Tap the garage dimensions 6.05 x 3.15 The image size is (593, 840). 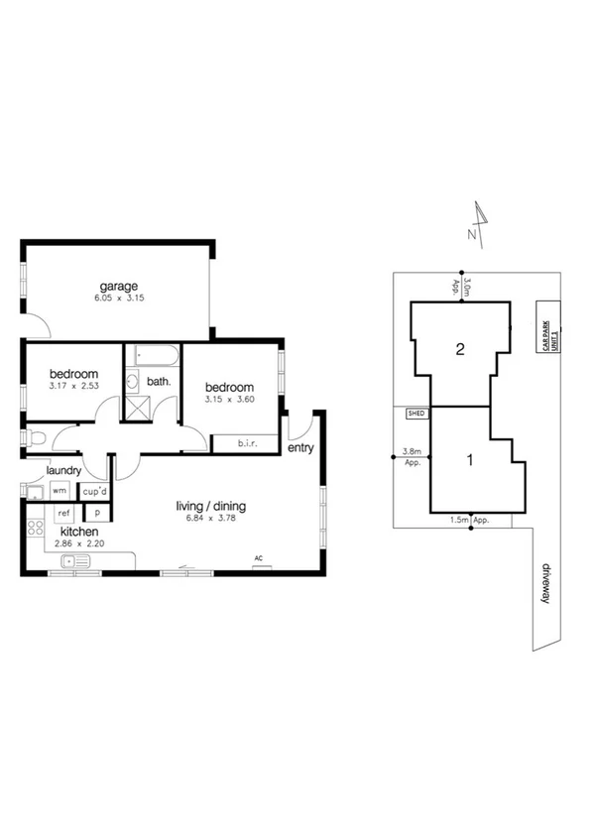[117, 298]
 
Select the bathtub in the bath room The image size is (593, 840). [153, 355]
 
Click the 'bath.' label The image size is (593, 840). [160, 381]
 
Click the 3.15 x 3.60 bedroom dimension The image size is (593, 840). [229, 400]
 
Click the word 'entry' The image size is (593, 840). [300, 448]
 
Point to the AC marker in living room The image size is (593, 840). [259, 557]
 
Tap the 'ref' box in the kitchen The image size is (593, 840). [62, 513]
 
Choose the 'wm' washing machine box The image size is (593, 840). [59, 490]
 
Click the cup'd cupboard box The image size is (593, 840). [95, 490]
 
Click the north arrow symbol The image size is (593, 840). [481, 220]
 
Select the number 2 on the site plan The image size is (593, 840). [460, 348]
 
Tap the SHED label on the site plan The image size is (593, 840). [416, 414]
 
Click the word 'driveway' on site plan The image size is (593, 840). [544, 584]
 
